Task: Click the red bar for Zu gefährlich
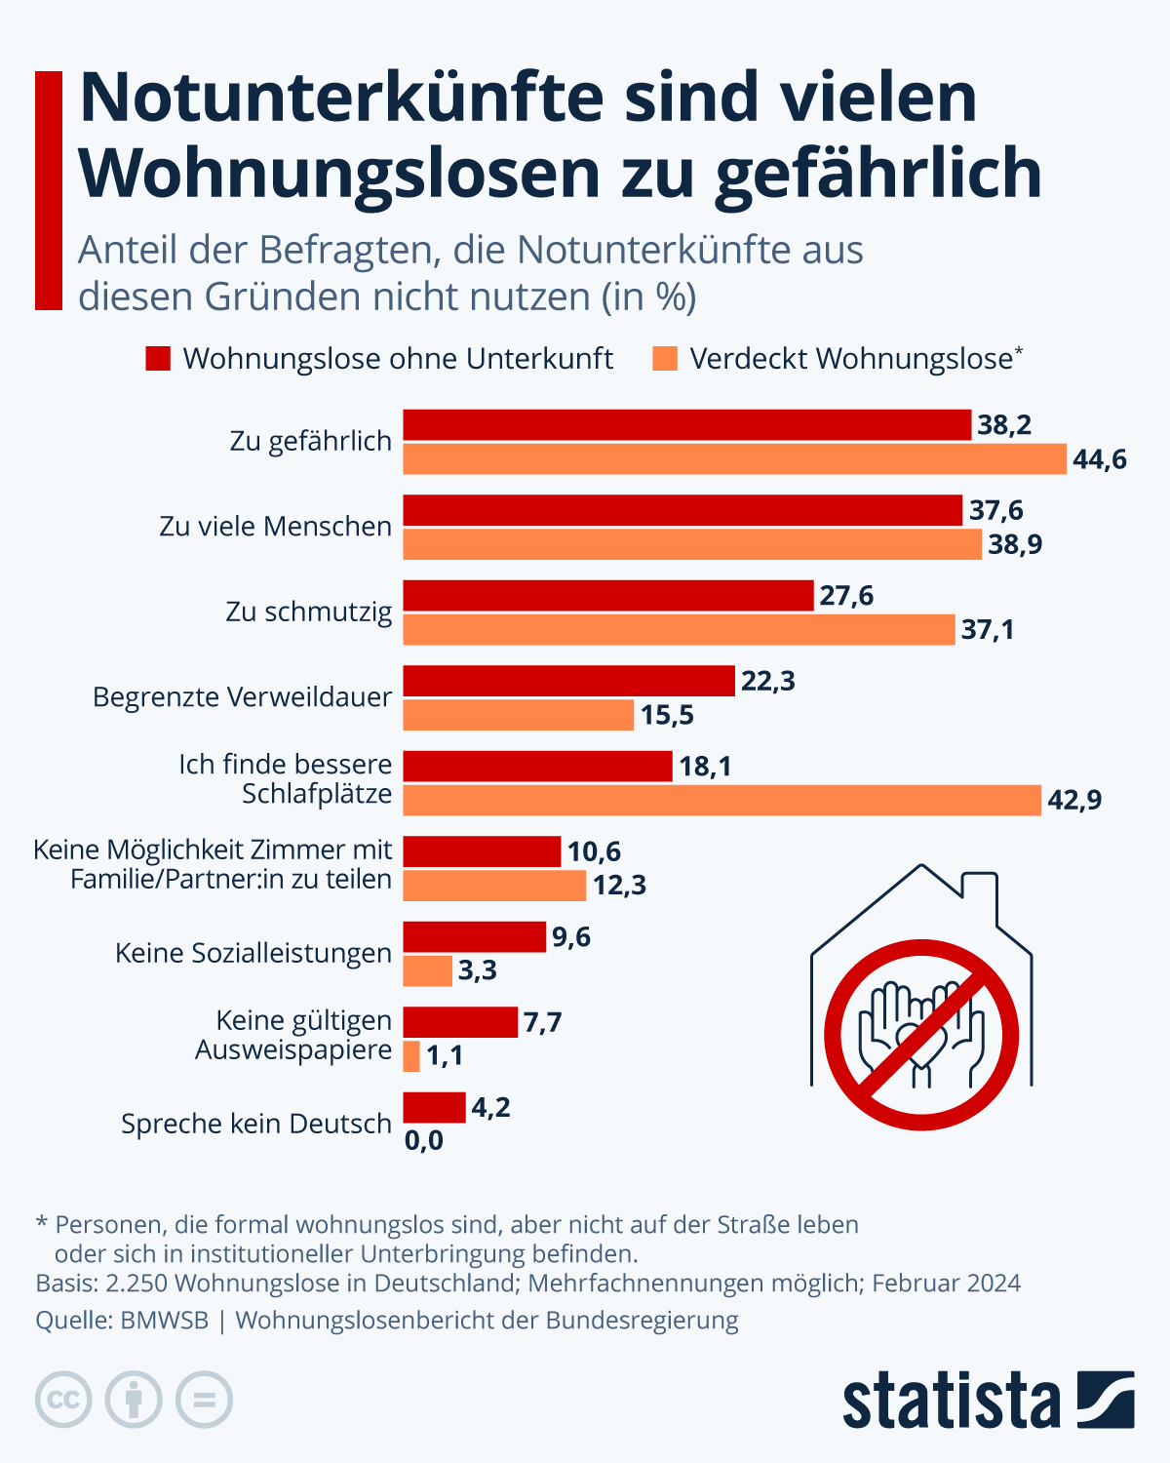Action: (686, 425)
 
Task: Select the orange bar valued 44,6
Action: (734, 459)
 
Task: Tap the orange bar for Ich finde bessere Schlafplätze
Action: (721, 801)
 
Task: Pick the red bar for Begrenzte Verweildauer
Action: (568, 681)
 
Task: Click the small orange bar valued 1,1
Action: (411, 1056)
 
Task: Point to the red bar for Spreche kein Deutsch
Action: (434, 1108)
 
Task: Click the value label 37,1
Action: (987, 630)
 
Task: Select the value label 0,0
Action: (423, 1140)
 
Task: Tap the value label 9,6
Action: (571, 937)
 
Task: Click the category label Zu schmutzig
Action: (308, 612)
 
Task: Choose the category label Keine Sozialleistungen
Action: (253, 953)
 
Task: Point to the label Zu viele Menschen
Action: (275, 527)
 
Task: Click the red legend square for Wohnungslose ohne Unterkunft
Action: (158, 359)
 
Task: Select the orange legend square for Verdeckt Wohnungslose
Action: (665, 359)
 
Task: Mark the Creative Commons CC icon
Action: (63, 1401)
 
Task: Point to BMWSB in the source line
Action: (164, 1321)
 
